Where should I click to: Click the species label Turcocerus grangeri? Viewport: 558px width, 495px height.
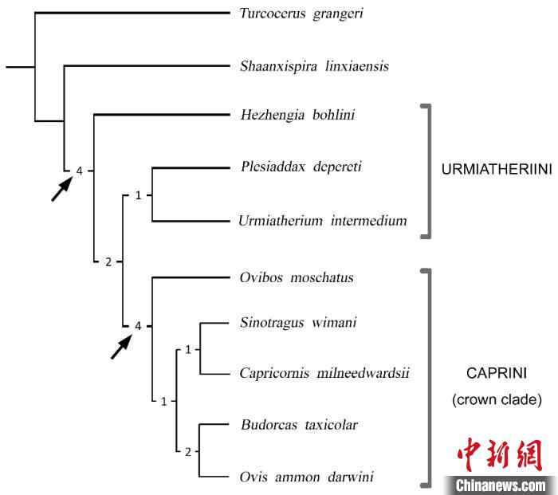click(301, 14)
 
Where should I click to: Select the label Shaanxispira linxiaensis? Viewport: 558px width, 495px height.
click(314, 66)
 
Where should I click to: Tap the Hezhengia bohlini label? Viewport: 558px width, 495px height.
click(297, 116)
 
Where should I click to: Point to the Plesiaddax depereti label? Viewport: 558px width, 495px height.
click(301, 167)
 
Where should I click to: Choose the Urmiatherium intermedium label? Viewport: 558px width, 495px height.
click(323, 220)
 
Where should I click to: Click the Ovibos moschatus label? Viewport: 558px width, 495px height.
click(297, 277)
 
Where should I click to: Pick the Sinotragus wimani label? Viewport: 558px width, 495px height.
click(298, 322)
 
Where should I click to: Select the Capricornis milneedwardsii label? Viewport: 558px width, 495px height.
click(324, 372)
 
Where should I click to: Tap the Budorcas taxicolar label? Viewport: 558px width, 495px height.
click(299, 425)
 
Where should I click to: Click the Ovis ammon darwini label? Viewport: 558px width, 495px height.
click(307, 477)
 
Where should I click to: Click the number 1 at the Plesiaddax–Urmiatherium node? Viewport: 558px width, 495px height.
click(138, 194)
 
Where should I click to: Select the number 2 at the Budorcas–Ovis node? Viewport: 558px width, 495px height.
click(187, 453)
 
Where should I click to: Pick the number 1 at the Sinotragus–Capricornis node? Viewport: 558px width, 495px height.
click(187, 349)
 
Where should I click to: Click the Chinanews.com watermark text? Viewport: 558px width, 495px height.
click(501, 485)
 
